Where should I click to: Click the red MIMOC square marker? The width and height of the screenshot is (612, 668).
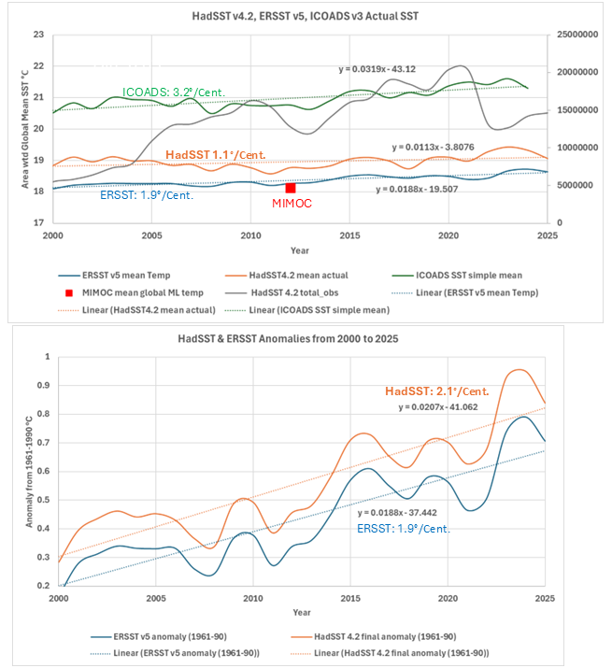pos(291,188)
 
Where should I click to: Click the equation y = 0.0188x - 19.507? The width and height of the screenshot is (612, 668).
pos(422,189)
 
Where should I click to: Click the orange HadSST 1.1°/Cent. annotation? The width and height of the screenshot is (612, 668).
pos(214,154)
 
